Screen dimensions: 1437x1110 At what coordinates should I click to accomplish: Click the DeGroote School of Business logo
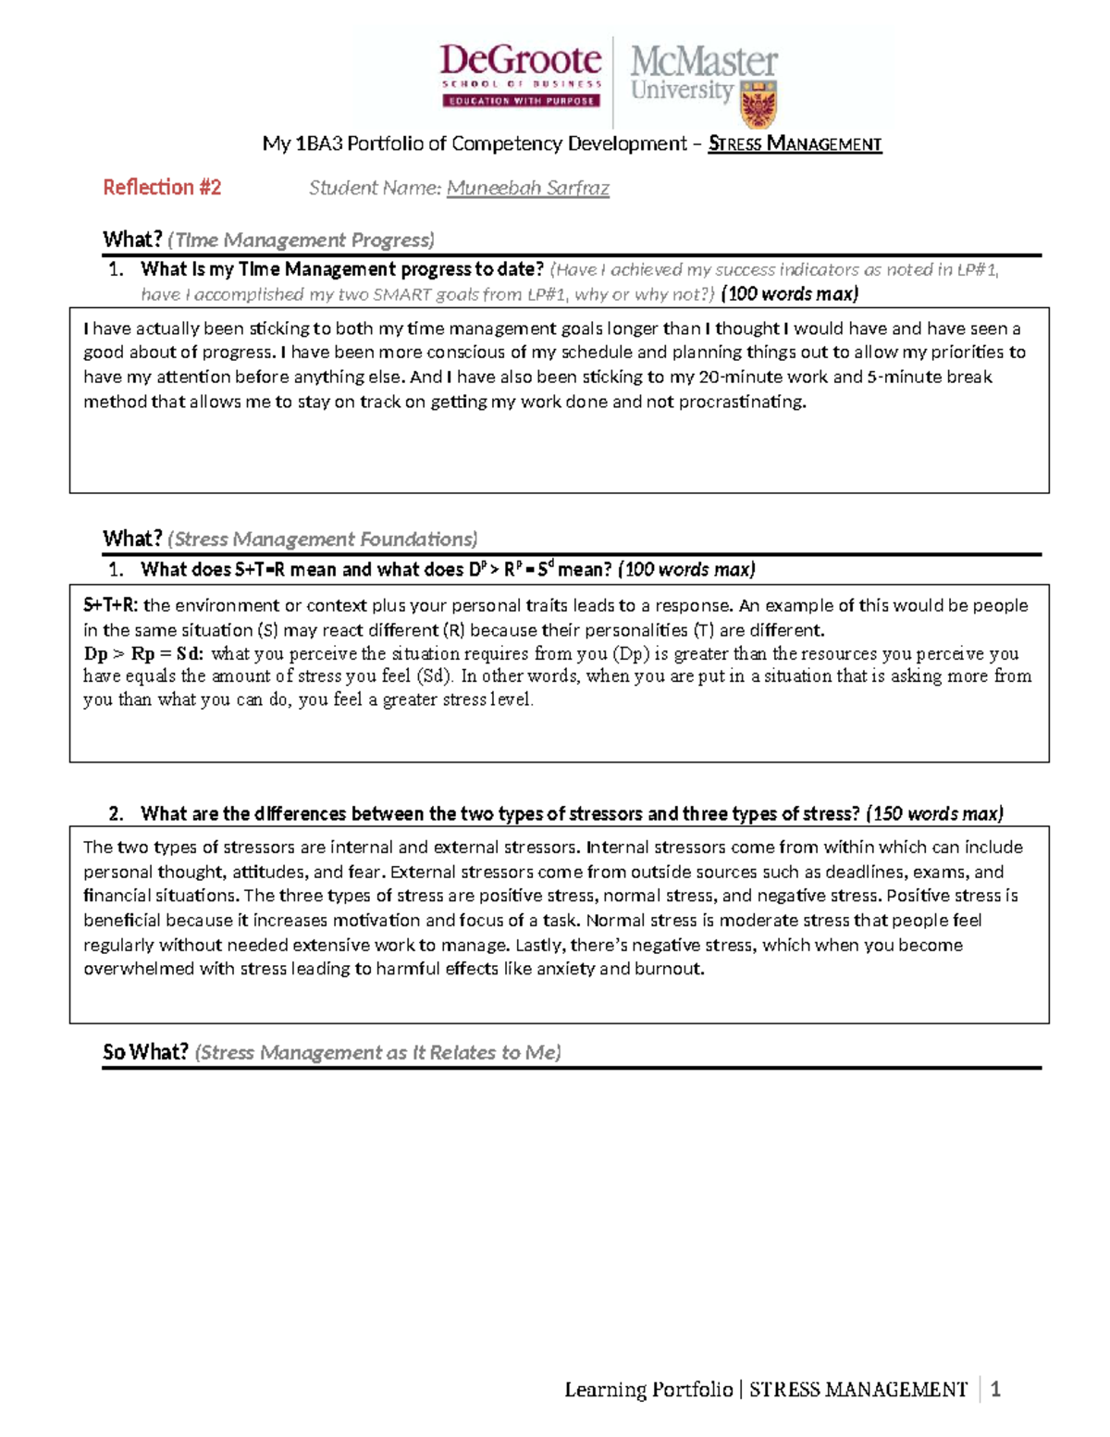pos(521,75)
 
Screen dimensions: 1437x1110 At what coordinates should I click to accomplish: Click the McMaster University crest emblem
pos(758,104)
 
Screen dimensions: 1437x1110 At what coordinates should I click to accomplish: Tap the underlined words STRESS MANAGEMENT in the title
pos(795,143)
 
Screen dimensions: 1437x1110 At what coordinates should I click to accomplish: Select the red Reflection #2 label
pos(162,188)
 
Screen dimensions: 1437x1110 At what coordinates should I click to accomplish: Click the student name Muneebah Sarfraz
pos(527,189)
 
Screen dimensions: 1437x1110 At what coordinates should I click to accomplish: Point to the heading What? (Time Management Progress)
pos(268,240)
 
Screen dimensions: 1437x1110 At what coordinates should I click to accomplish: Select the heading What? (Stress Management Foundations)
pos(290,539)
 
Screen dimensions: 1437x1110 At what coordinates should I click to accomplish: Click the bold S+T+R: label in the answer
pos(111,605)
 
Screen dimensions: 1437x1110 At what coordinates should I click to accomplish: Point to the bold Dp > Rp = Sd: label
pos(143,653)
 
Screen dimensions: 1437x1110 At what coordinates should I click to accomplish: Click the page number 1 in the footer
pos(995,1389)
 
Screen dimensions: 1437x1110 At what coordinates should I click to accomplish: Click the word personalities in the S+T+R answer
pos(637,630)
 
